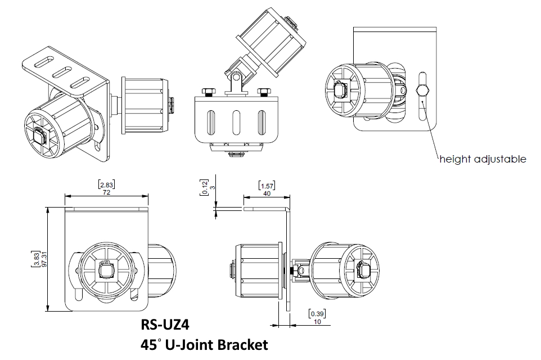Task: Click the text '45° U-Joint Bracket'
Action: click(205, 344)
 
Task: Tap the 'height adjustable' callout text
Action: click(483, 159)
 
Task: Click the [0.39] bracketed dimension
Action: click(317, 313)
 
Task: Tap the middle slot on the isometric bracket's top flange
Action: click(61, 73)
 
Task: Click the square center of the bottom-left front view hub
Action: click(103, 272)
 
